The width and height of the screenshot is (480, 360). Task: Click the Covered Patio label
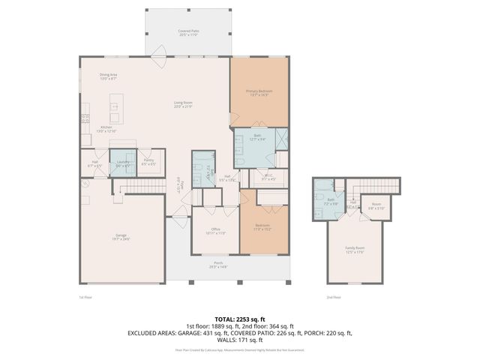187,32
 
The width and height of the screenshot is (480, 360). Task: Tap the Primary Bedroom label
259,92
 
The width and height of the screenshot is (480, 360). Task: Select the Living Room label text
184,106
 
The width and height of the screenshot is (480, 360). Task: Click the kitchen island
115,109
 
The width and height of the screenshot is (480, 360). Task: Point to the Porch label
218,264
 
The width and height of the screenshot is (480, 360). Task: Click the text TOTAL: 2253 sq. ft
239,318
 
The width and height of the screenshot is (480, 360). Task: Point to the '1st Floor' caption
86,297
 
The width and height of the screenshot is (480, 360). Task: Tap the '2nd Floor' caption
333,297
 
